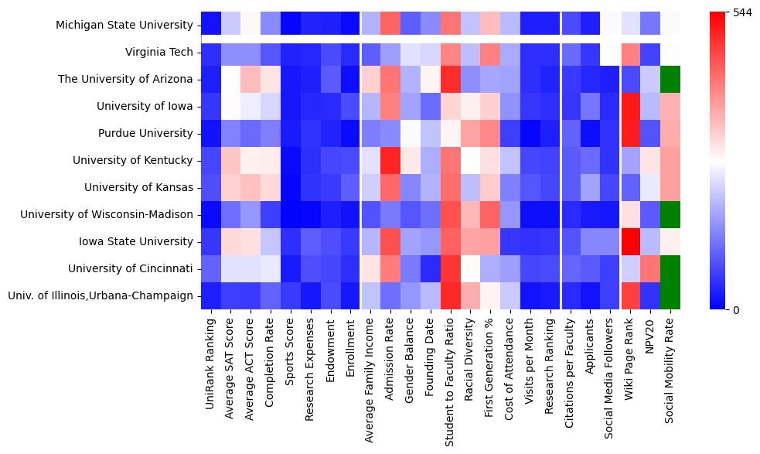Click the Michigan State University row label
click(124, 26)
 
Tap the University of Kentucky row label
click(132, 160)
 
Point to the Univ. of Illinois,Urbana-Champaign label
click(107, 295)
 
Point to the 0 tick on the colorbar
click(735, 309)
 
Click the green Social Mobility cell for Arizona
click(672, 79)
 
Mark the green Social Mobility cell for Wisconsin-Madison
click(672, 214)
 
